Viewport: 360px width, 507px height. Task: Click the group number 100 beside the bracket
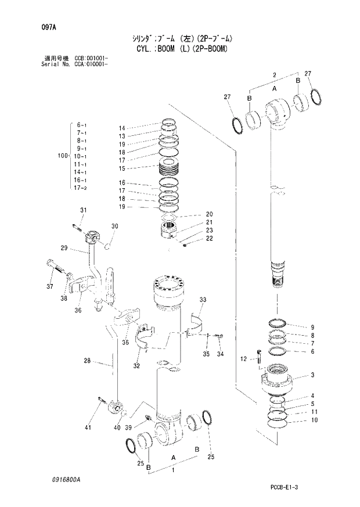coord(63,156)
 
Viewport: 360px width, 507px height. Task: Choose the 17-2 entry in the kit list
coord(81,188)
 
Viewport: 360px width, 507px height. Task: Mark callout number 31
coord(83,210)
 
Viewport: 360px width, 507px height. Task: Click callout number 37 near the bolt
coord(49,286)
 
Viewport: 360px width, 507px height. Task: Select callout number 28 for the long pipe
coord(87,361)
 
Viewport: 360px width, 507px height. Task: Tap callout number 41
coord(88,428)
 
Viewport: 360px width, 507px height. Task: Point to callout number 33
coord(203,300)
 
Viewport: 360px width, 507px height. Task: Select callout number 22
coord(208,238)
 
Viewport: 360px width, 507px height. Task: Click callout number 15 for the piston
coord(123,168)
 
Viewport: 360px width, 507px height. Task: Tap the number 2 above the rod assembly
coord(275,75)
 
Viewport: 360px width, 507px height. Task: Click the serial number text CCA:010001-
coord(91,64)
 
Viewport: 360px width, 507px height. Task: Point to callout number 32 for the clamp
coord(137,366)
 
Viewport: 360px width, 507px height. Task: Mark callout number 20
coord(209,213)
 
